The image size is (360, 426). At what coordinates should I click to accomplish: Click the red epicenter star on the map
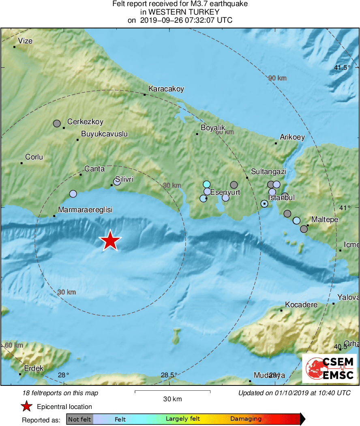click(110, 241)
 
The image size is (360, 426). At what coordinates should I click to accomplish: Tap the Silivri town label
click(124, 179)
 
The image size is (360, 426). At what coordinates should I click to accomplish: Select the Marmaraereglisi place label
click(85, 210)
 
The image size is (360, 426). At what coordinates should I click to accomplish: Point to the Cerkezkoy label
click(85, 121)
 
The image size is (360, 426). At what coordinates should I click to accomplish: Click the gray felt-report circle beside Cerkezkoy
click(57, 123)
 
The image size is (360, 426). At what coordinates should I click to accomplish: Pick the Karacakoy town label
click(166, 88)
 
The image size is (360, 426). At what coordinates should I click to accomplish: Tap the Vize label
click(26, 41)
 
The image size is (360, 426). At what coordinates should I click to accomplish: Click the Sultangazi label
click(268, 172)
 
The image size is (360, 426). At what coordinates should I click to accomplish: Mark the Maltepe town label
click(324, 219)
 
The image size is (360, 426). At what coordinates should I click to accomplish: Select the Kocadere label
click(301, 304)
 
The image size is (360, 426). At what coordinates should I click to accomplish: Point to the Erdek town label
click(34, 368)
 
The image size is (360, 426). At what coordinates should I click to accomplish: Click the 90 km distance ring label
click(277, 78)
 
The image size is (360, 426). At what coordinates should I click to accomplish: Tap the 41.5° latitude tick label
click(342, 68)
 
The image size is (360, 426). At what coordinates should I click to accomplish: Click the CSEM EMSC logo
click(329, 368)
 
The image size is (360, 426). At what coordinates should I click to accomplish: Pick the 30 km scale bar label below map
click(172, 399)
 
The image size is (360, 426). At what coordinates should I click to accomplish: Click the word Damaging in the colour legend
click(246, 419)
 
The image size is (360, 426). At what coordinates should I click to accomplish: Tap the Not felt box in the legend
click(79, 419)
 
